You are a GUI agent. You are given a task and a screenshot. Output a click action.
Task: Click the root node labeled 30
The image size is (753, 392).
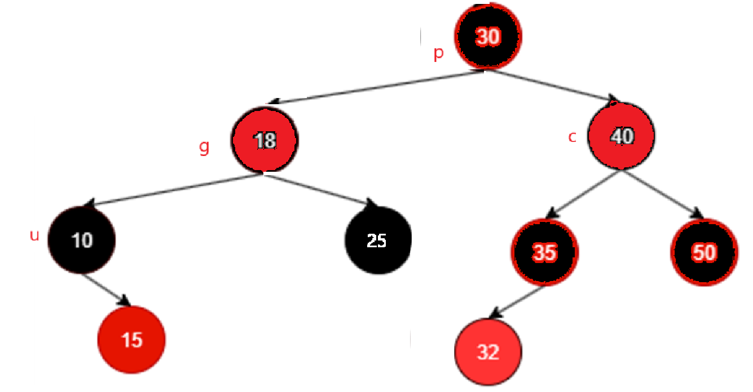[488, 37]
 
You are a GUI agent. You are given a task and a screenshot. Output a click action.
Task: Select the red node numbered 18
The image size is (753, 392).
[265, 140]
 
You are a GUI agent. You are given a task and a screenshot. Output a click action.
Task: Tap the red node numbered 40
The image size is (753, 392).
[622, 137]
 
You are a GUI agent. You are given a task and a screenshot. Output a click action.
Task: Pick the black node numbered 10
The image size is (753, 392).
[82, 240]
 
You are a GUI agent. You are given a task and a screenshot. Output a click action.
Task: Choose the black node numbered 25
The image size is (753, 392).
[377, 240]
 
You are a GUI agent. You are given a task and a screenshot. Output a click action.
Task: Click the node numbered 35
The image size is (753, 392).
[545, 253]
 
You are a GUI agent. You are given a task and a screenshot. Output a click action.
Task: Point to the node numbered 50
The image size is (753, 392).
[704, 252]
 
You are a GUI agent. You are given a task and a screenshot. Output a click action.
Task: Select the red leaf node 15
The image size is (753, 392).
[131, 340]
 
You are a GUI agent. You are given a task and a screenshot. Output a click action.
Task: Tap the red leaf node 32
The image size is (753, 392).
[488, 352]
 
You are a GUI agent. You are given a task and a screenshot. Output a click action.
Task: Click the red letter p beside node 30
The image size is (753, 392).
[438, 54]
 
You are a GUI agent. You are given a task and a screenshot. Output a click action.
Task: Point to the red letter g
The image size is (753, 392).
[204, 148]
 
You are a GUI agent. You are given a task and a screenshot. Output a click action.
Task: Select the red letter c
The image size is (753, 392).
[573, 137]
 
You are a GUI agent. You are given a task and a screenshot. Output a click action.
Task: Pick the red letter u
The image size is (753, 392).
[34, 235]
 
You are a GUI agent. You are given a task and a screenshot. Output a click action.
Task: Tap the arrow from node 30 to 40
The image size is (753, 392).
[553, 86]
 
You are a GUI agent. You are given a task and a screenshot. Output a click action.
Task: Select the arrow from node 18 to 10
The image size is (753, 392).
[175, 190]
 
